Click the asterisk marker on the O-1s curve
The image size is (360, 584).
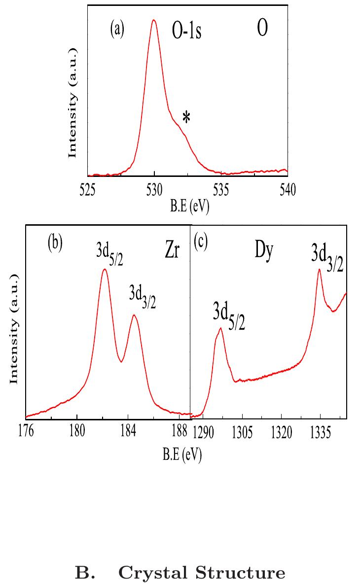(186, 117)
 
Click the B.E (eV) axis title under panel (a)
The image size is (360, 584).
(190, 207)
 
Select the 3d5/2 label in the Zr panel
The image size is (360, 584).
(109, 253)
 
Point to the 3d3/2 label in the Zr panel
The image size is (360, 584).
(143, 297)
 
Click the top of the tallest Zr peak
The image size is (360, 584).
(105, 269)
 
